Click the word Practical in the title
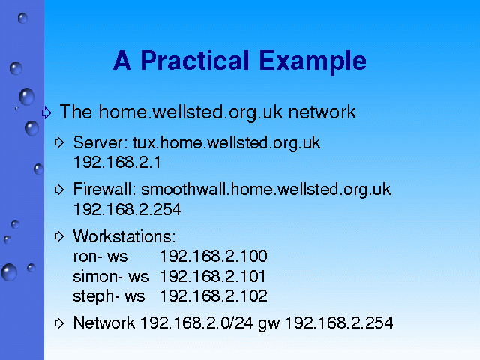coord(195,61)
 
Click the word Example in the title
coord(313,61)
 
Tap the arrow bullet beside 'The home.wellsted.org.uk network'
coord(46,112)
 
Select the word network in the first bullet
coord(322,112)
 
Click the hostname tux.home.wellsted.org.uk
coord(226,143)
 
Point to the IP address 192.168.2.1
coord(117,162)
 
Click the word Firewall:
coord(104,189)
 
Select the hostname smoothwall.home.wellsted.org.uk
coord(265,190)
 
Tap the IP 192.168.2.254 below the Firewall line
coord(127,210)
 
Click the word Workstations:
coord(124,236)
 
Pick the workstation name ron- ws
coord(100,256)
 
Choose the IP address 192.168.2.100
coord(214,256)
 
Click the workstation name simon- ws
coord(111,276)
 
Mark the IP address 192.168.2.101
coord(213,276)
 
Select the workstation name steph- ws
coord(109,297)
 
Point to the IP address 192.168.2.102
coord(214,296)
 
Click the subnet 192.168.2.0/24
coord(196,322)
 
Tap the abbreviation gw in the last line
coord(268,324)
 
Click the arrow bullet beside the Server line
coord(59,142)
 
